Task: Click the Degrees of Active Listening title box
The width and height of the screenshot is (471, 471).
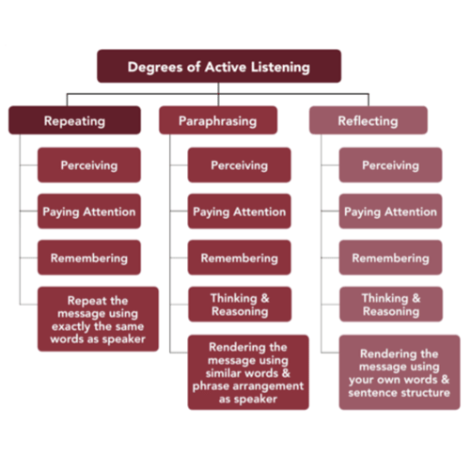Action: pyautogui.click(x=219, y=66)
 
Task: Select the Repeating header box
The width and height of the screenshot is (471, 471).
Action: pyautogui.click(x=74, y=120)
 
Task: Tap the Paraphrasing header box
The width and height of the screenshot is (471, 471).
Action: pyautogui.click(x=218, y=120)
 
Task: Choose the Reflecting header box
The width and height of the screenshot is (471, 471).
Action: pyautogui.click(x=369, y=120)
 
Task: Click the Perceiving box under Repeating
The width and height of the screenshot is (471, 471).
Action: pyautogui.click(x=89, y=165)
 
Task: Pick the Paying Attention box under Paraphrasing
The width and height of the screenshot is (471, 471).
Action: pyautogui.click(x=240, y=212)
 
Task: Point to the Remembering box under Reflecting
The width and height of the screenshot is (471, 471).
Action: pyautogui.click(x=390, y=258)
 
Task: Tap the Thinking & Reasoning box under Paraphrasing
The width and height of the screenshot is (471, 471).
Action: pyautogui.click(x=240, y=305)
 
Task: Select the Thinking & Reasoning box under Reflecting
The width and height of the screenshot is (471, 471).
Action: pyautogui.click(x=391, y=305)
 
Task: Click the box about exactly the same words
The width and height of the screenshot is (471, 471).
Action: pyautogui.click(x=98, y=319)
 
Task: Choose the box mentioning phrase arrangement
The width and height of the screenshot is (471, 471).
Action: pyautogui.click(x=248, y=372)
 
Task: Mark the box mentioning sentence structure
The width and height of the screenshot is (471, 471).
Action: pyautogui.click(x=400, y=372)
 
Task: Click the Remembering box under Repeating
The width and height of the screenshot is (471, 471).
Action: pyautogui.click(x=89, y=258)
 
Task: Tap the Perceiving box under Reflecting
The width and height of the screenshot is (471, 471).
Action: pyautogui.click(x=390, y=165)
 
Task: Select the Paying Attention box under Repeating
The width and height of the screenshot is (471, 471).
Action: pyautogui.click(x=89, y=212)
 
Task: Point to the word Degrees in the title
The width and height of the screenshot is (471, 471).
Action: pyautogui.click(x=155, y=68)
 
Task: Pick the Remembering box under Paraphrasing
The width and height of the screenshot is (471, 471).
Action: pyautogui.click(x=240, y=258)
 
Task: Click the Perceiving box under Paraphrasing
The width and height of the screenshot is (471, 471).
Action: pyautogui.click(x=240, y=165)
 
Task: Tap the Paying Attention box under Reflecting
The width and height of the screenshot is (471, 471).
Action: pyautogui.click(x=390, y=212)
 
